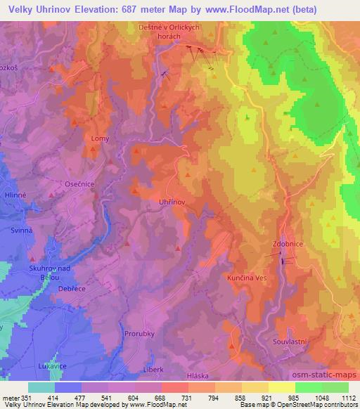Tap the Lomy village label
tap(101, 139)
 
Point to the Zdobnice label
tap(286, 245)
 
